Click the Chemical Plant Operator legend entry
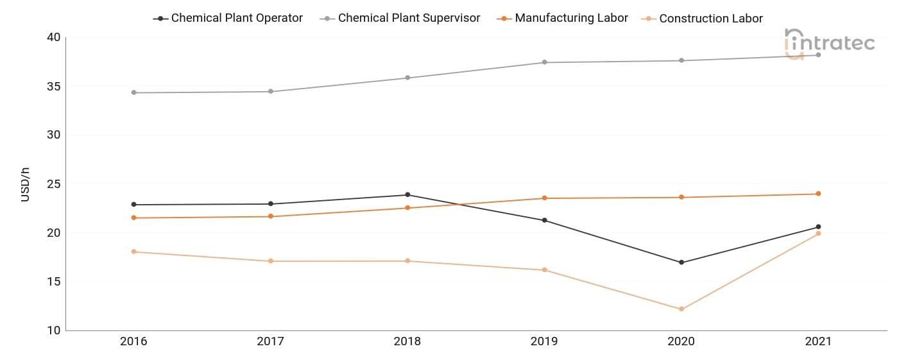click(x=228, y=18)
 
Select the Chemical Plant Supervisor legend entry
click(x=400, y=18)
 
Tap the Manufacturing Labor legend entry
click(x=562, y=18)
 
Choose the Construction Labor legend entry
click(x=702, y=19)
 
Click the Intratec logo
click(x=829, y=44)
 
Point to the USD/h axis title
click(x=25, y=184)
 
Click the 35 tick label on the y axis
click(x=53, y=86)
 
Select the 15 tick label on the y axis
click(x=53, y=282)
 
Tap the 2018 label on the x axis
click(x=407, y=341)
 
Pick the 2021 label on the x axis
click(x=818, y=341)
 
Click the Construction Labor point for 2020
click(x=681, y=309)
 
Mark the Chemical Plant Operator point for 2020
click(x=681, y=262)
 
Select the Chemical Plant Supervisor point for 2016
click(x=133, y=92)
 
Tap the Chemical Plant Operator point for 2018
click(x=407, y=194)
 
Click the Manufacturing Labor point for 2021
click(x=818, y=194)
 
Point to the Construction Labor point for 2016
click(x=133, y=252)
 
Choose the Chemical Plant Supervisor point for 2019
click(x=544, y=62)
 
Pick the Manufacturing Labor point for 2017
click(x=271, y=216)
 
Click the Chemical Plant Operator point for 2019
click(x=544, y=220)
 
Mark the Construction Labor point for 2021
click(x=818, y=234)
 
